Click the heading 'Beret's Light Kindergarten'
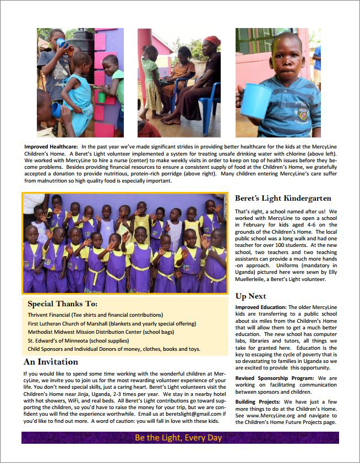[283, 199]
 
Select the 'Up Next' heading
[250, 296]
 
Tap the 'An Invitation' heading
[51, 362]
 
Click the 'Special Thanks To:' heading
[62, 304]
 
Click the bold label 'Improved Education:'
[260, 307]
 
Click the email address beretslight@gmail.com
[186, 414]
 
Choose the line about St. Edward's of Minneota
[79, 341]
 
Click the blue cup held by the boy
[255, 101]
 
